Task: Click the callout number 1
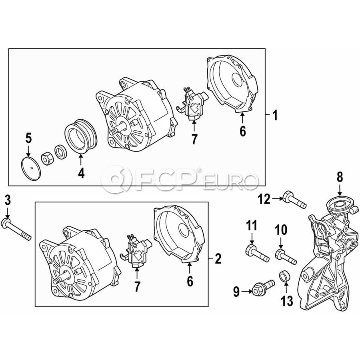pos(275,115)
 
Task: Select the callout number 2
pos(218,258)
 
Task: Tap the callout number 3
pos(8,200)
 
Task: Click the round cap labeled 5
pos(30,169)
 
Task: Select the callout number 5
pos(28,138)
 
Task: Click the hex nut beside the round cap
pos(47,159)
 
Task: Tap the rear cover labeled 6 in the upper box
pos(232,84)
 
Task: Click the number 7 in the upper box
pos(194,139)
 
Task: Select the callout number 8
pos(340,177)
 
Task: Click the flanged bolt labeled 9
pos(263,287)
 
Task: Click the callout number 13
pos(287,301)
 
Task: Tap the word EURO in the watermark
pos(230,182)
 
